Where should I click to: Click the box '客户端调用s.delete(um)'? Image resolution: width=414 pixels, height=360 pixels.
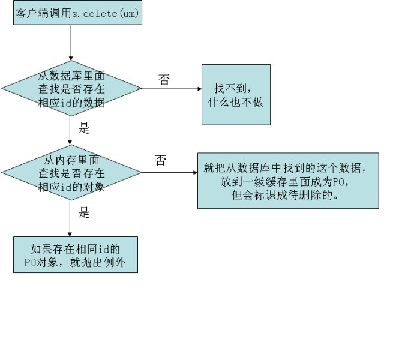click(x=77, y=13)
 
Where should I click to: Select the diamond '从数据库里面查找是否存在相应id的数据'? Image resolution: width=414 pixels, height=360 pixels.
click(x=71, y=89)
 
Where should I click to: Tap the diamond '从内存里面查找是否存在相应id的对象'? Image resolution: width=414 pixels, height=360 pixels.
click(x=71, y=173)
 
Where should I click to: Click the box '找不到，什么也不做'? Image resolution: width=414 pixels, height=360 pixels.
click(x=236, y=95)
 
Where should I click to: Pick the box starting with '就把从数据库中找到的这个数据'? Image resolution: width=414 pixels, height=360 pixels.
click(x=288, y=181)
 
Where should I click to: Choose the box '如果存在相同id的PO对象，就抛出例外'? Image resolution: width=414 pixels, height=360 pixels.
click(x=76, y=254)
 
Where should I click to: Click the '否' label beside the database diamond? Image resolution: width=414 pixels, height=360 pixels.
click(x=164, y=80)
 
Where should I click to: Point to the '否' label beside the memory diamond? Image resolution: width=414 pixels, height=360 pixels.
click(x=160, y=160)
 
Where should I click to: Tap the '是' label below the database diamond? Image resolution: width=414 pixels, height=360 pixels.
click(x=84, y=128)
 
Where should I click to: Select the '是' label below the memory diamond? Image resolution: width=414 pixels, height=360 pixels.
click(x=84, y=212)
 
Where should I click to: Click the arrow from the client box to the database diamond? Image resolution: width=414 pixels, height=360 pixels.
click(x=71, y=42)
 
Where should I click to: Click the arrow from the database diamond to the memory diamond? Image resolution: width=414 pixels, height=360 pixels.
click(x=71, y=131)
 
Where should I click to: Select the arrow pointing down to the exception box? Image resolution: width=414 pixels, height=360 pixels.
click(x=71, y=218)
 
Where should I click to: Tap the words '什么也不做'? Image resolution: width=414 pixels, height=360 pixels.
click(x=236, y=102)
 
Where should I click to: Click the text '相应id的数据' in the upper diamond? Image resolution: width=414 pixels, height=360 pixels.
click(x=71, y=103)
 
